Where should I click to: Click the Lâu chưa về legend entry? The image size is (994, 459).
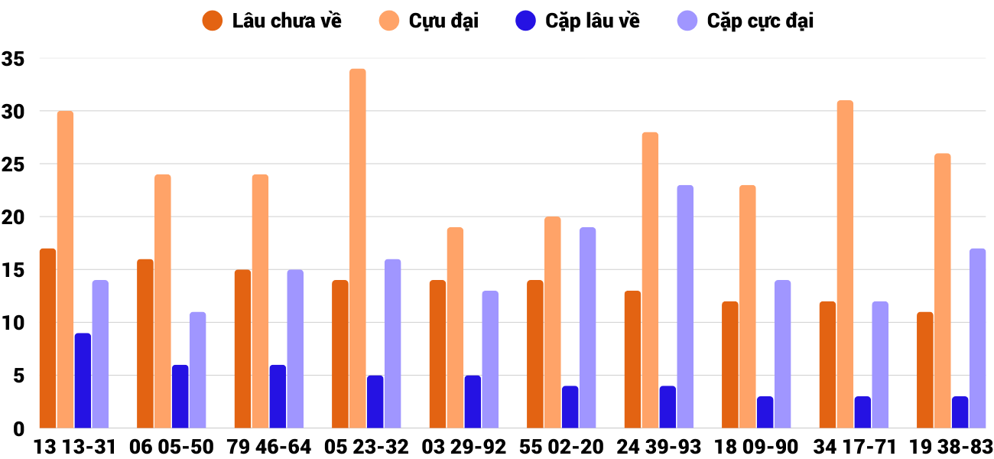coord(272,21)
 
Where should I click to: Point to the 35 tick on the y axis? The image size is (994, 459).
coord(14,59)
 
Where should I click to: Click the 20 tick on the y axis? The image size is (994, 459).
coord(14,217)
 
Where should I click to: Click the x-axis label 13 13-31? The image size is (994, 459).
coord(74,447)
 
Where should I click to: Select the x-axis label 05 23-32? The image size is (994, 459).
coord(367,447)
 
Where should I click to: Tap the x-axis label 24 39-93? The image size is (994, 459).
coord(659,447)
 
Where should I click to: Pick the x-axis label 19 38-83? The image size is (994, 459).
coord(950,447)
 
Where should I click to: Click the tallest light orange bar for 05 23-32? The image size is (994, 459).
coord(358,249)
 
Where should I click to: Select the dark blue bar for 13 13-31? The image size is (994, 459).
coord(83,381)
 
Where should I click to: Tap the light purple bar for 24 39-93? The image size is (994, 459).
coord(685,307)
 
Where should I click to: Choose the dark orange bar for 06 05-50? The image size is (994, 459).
coord(145,343)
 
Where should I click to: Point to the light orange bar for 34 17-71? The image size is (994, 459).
coord(845,264)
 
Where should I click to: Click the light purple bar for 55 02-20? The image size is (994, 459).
coord(588,327)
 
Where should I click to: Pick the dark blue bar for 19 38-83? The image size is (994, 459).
coord(960,412)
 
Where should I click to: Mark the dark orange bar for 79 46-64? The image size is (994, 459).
coord(242,349)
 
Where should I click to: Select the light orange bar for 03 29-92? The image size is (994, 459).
coord(455,327)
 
